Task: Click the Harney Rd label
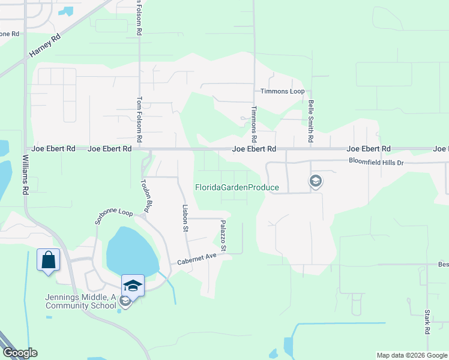tap(44, 46)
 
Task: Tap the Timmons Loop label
tap(282, 91)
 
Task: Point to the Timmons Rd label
tap(255, 121)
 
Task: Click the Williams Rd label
tap(26, 174)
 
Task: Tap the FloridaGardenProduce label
tap(237, 187)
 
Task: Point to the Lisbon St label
tap(185, 218)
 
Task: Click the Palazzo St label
tap(223, 235)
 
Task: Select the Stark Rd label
tap(427, 322)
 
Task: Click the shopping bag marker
tap(48, 260)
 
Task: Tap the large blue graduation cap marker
tap(133, 286)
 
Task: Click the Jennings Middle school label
tap(80, 301)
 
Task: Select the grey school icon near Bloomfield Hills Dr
tap(315, 181)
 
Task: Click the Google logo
tap(19, 353)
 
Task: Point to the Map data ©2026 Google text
tap(412, 355)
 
